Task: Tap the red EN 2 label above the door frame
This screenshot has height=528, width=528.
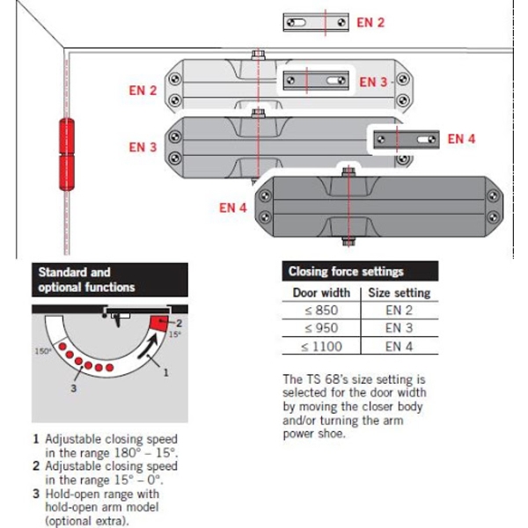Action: [370, 22]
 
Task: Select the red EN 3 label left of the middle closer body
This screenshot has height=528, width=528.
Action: [143, 147]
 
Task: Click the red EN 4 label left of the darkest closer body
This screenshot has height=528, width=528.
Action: [232, 209]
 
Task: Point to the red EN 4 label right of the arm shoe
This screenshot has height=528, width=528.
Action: [461, 138]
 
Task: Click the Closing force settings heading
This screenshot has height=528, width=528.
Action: [345, 272]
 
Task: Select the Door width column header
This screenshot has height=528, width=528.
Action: [321, 292]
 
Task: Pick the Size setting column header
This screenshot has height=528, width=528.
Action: [399, 292]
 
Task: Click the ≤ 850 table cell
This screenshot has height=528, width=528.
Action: [321, 310]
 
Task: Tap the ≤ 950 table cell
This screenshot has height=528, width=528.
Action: [321, 327]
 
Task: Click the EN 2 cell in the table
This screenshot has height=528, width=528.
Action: [399, 310]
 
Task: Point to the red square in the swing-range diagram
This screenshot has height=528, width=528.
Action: [158, 324]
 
